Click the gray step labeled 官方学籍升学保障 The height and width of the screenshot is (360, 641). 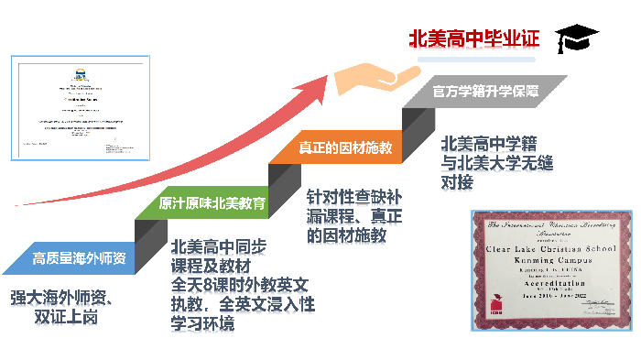[485, 93]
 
